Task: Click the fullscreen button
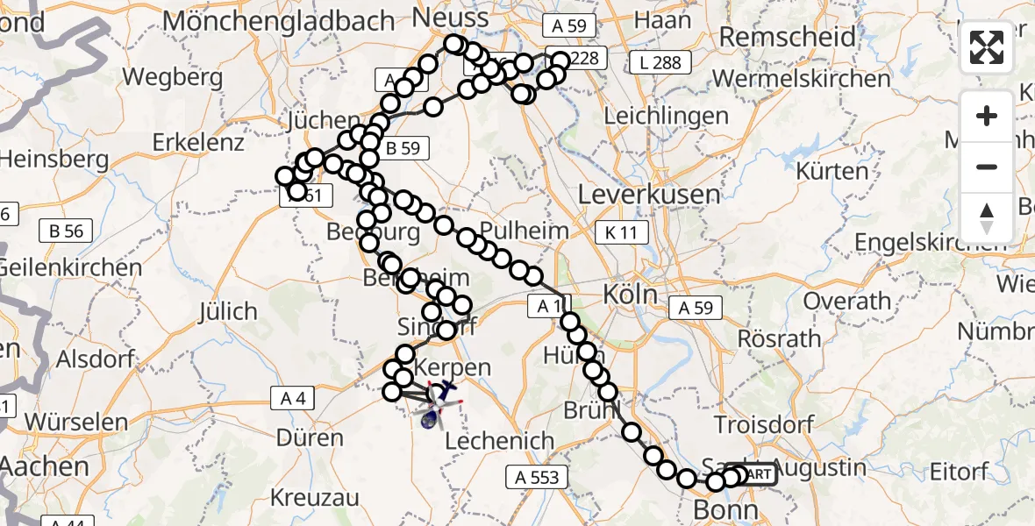pyautogui.click(x=988, y=48)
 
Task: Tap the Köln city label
pyautogui.click(x=631, y=295)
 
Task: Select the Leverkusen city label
pyautogui.click(x=656, y=194)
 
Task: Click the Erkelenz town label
pyautogui.click(x=197, y=141)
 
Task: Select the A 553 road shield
pyautogui.click(x=538, y=478)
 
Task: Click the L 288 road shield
pyautogui.click(x=659, y=63)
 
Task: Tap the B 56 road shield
pyautogui.click(x=67, y=231)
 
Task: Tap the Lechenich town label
pyautogui.click(x=499, y=441)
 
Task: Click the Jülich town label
pyautogui.click(x=227, y=311)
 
